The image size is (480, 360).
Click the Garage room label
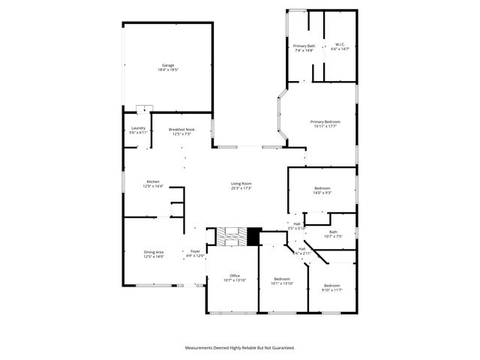(x=167, y=65)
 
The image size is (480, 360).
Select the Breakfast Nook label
(x=181, y=130)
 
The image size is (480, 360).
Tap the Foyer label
(x=195, y=251)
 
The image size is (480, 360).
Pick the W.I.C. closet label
(x=339, y=46)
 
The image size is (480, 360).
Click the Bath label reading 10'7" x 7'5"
(x=332, y=234)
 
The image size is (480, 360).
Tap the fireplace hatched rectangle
(x=231, y=236)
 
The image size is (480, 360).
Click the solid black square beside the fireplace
(x=253, y=236)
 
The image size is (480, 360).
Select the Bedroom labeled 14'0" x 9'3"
(x=322, y=190)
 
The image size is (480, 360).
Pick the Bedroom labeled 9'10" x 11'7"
(x=332, y=287)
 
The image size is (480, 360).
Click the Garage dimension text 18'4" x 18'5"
(x=167, y=70)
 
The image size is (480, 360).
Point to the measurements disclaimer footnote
(x=240, y=348)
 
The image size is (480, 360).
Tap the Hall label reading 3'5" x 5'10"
(x=297, y=226)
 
